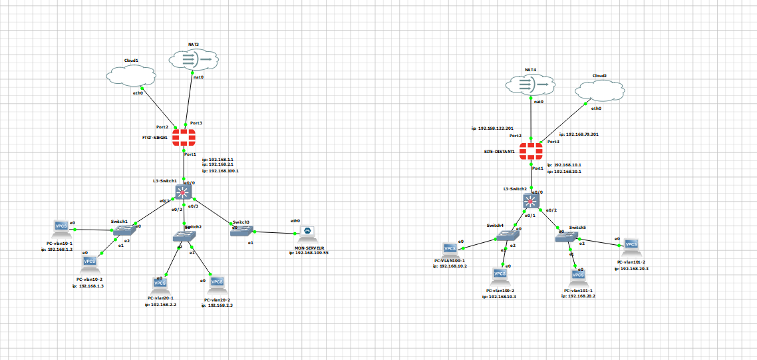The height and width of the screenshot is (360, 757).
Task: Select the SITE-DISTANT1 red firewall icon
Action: (531, 151)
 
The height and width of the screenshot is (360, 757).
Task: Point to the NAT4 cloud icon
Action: (530, 85)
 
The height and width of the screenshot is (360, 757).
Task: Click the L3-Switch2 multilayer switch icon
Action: (531, 201)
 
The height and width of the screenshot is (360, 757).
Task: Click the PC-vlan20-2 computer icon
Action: (216, 284)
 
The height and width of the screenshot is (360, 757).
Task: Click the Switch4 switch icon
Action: (509, 235)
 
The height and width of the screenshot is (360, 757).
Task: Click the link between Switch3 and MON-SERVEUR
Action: (274, 232)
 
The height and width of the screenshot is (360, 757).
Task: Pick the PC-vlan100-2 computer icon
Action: (500, 274)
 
